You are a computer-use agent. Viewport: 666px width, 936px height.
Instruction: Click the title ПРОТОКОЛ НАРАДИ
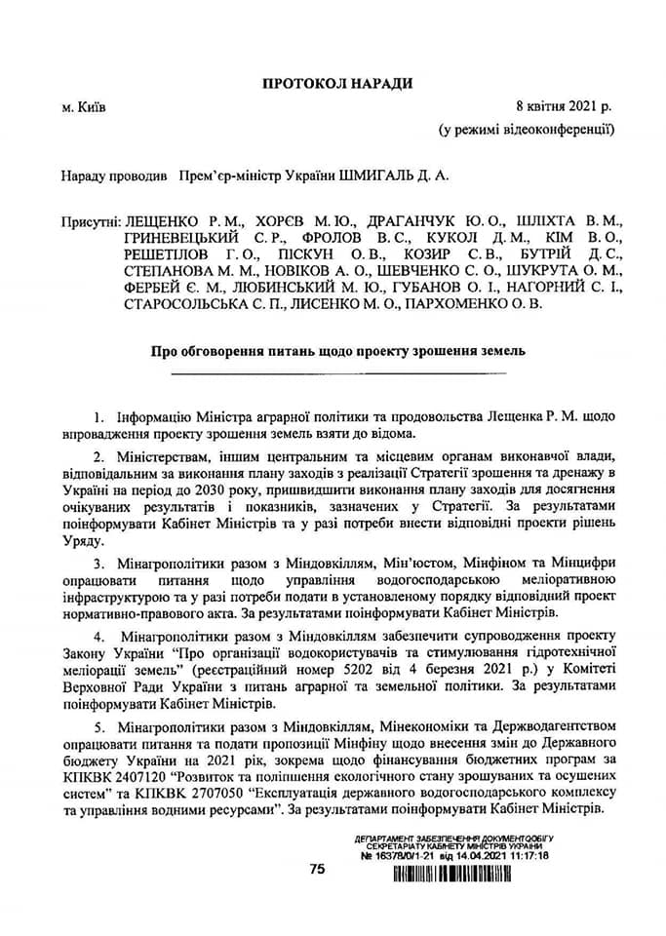click(x=336, y=83)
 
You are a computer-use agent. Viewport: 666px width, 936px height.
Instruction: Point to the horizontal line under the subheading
click(x=336, y=372)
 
